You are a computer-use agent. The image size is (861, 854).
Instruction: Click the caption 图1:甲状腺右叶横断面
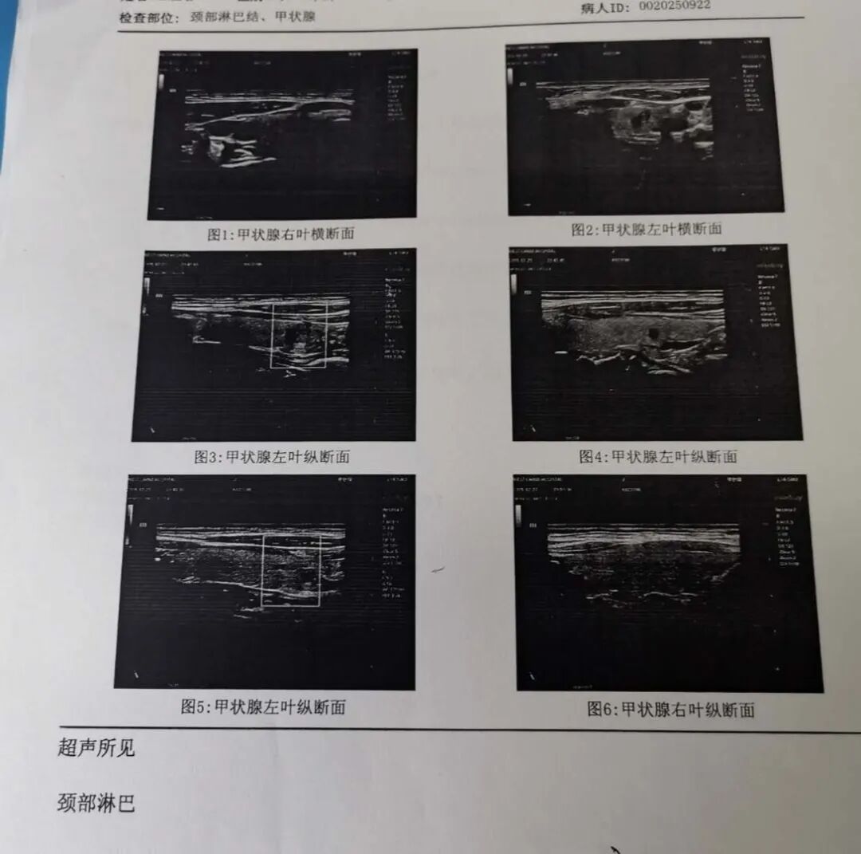click(281, 234)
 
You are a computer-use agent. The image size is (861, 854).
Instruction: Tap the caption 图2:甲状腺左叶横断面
click(646, 229)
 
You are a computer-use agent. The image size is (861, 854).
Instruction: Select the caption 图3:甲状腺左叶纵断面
click(272, 457)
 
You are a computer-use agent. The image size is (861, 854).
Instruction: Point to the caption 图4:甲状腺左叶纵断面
click(658, 457)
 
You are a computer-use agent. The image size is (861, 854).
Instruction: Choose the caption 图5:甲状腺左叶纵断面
click(263, 706)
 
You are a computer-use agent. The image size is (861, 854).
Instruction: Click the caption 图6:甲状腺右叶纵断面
click(670, 709)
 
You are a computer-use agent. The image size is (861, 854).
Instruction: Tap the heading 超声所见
click(96, 748)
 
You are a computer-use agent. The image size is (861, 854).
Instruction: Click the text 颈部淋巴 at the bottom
click(96, 802)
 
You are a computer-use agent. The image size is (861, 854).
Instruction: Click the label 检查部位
click(146, 18)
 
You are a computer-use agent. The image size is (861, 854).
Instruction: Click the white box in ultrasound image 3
click(299, 335)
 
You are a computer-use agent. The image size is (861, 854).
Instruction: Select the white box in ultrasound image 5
click(291, 570)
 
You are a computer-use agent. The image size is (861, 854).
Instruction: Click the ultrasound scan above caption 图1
click(282, 134)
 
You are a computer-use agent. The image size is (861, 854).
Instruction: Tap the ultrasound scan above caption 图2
click(644, 127)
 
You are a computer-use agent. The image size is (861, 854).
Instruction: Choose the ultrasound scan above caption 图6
click(668, 582)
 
